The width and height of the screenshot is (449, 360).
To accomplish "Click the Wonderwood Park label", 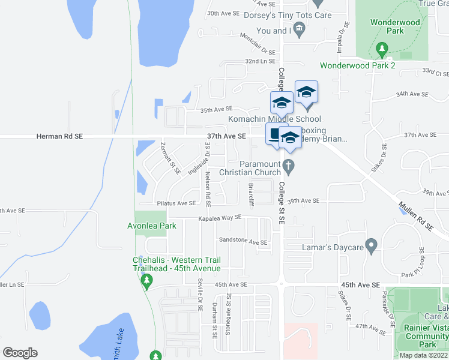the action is tap(395, 26).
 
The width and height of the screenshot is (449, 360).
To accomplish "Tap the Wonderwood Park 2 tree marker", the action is tap(381, 48).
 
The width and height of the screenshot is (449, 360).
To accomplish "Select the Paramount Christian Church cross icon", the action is tap(289, 166).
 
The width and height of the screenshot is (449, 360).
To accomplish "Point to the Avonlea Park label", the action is tap(152, 226).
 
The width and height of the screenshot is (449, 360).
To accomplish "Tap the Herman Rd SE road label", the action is tap(59, 137).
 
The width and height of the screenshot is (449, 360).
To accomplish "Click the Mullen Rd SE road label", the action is tap(415, 217).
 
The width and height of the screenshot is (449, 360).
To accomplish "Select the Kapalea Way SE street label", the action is tap(220, 218).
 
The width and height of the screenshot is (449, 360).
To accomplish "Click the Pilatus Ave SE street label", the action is tap(176, 203).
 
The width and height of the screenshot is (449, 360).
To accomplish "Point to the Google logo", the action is tap(20, 353).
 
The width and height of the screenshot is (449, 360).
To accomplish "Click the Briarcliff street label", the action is tap(252, 194).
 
